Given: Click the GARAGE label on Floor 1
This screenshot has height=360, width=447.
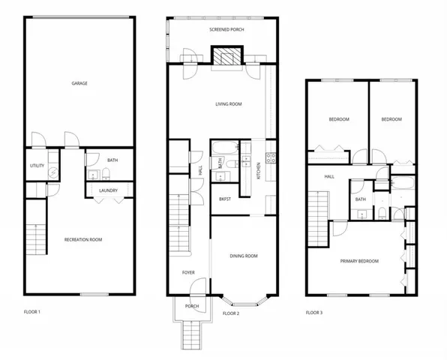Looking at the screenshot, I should click(79, 83).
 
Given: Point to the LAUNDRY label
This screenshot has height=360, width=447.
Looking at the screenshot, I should click(108, 191).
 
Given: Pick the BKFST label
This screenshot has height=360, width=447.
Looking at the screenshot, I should click(224, 199).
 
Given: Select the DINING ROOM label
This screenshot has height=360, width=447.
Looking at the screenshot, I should click(243, 256).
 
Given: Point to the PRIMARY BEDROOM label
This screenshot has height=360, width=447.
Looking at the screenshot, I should click(359, 261).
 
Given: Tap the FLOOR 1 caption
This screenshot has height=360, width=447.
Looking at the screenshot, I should click(32, 310).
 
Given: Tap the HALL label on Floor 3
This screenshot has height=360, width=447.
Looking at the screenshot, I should click(328, 177).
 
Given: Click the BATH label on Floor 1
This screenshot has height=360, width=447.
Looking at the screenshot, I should click(112, 160).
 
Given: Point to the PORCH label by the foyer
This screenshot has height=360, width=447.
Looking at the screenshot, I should click(191, 305).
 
